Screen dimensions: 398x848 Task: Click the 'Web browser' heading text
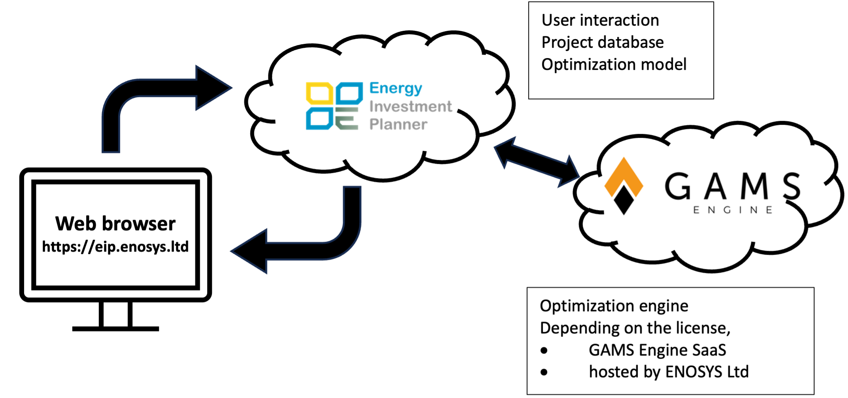(115, 223)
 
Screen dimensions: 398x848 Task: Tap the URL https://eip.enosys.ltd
(115, 247)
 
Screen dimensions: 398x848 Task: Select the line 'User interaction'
(600, 20)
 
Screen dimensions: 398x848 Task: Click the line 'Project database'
(602, 42)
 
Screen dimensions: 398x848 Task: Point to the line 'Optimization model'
(614, 64)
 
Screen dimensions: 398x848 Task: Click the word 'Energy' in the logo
(395, 88)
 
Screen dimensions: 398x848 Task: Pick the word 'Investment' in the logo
(410, 107)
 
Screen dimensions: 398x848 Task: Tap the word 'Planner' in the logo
(398, 124)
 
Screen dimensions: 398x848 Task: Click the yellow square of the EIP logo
(319, 94)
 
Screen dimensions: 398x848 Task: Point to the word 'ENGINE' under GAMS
(733, 210)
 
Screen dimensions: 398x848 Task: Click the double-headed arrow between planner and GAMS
(537, 162)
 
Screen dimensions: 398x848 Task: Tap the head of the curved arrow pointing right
(213, 88)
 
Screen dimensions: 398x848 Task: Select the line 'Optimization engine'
(614, 306)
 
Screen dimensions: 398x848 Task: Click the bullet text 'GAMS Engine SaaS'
(657, 350)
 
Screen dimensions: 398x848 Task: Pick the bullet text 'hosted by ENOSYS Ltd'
(669, 372)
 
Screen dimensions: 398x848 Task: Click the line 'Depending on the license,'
(635, 328)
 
